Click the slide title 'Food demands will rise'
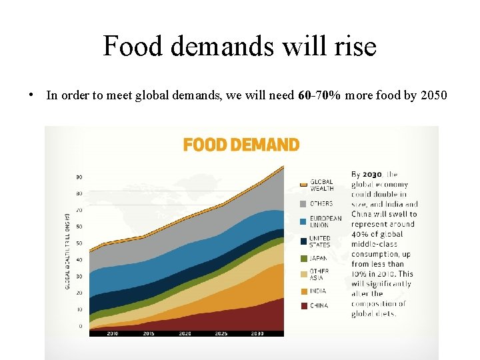point(239,47)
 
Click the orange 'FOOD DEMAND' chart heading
point(241,145)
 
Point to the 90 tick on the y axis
point(79,177)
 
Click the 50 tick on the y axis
point(79,243)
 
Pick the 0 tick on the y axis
point(81,326)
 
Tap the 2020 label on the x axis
point(185,333)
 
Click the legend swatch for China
point(303,305)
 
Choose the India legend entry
point(318,291)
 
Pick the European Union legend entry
point(325,221)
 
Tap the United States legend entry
point(320,241)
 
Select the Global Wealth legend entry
point(321,185)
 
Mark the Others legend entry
point(321,203)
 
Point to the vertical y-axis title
point(67,251)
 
